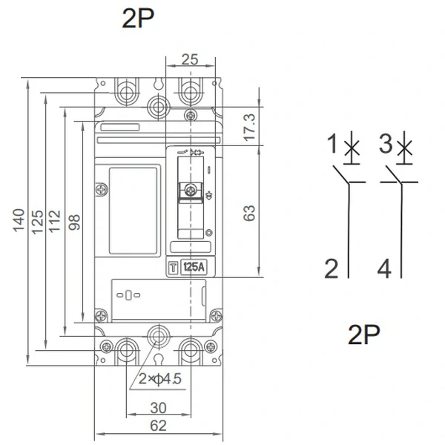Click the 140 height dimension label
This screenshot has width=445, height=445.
19,220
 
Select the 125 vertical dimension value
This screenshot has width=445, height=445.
37,222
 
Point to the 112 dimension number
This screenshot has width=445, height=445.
54,221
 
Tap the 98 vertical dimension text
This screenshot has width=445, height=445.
74,222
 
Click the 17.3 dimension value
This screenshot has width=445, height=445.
250,127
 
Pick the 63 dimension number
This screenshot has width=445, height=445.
249,213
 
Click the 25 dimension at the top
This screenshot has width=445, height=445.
190,59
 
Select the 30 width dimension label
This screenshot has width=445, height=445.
159,408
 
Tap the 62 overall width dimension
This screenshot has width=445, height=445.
159,426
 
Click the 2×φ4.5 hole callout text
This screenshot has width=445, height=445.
159,378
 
